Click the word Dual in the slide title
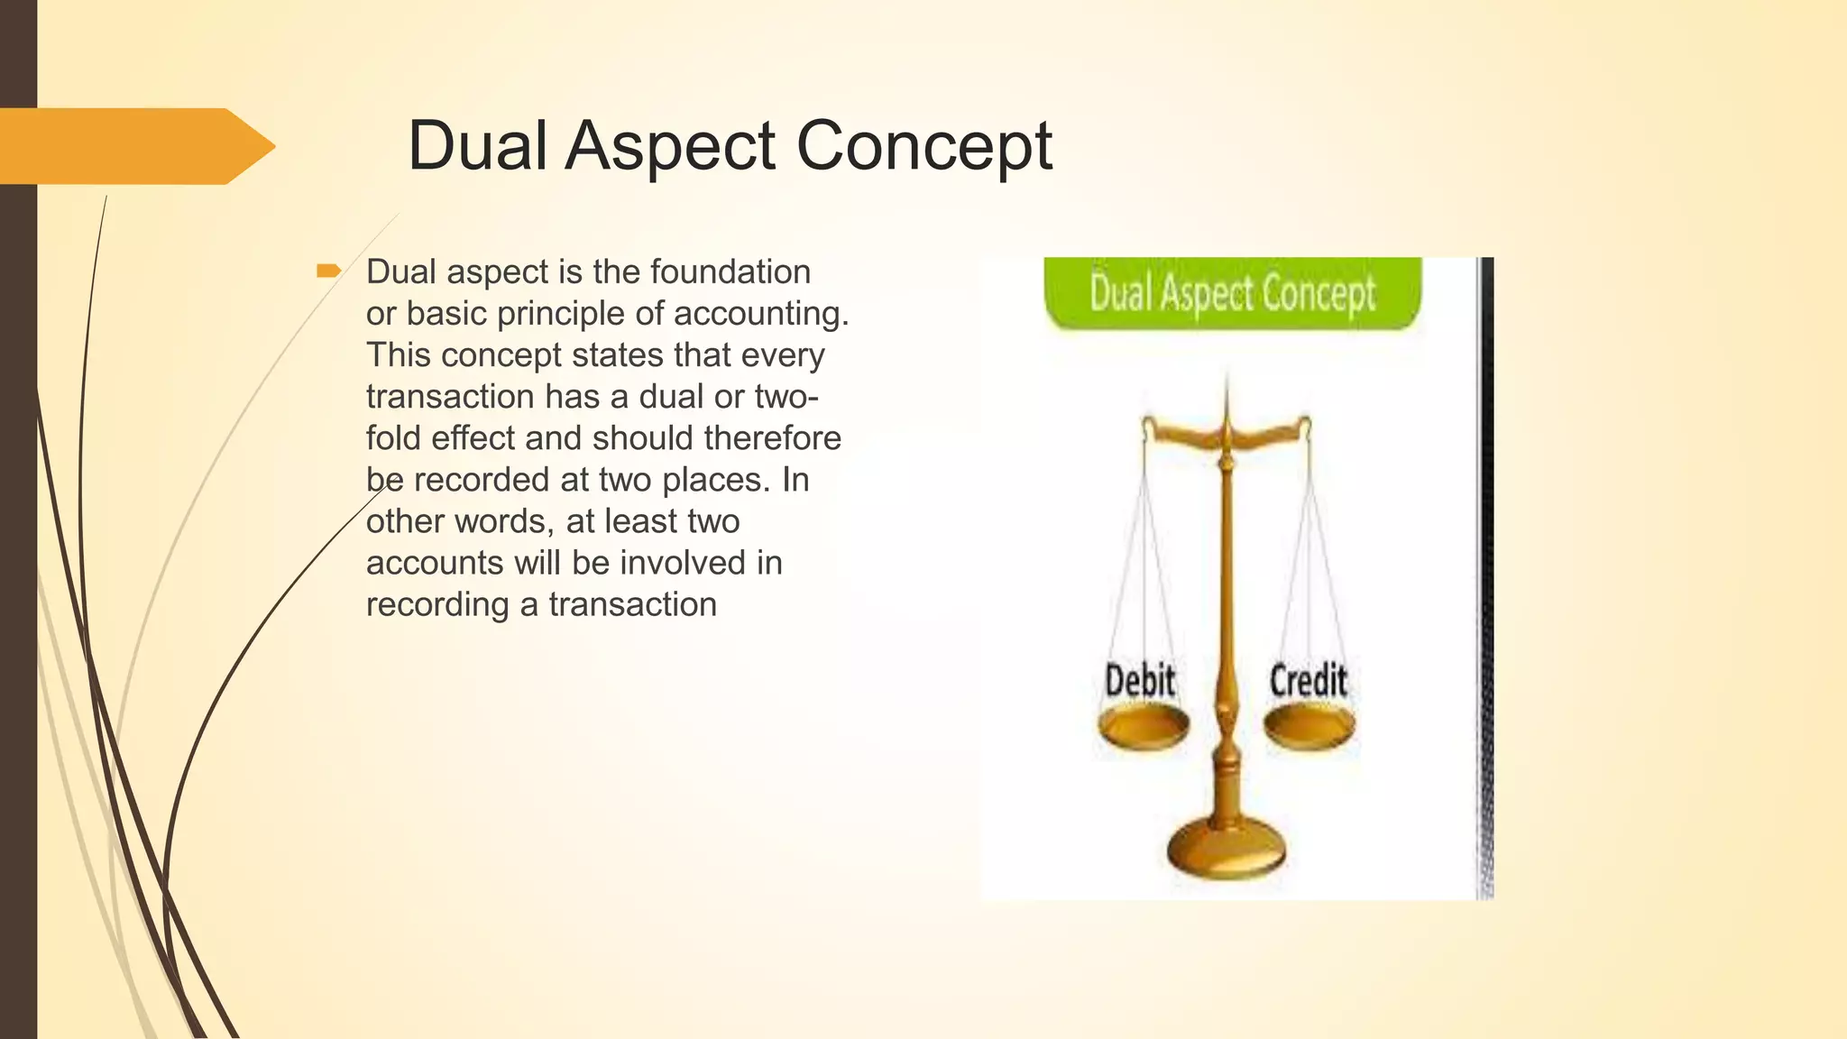point(477,145)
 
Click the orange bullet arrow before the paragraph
point(328,271)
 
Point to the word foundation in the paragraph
point(730,271)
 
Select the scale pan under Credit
point(1309,725)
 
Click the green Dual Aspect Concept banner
point(1232,293)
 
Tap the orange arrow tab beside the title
point(135,146)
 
